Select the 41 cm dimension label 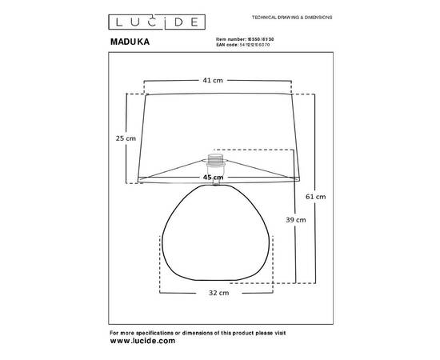(x=212, y=81)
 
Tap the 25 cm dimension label (x=126, y=138)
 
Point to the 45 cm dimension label (x=212, y=177)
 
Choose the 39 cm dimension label (x=295, y=219)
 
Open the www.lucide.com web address (x=142, y=340)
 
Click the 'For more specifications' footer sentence (x=194, y=331)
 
